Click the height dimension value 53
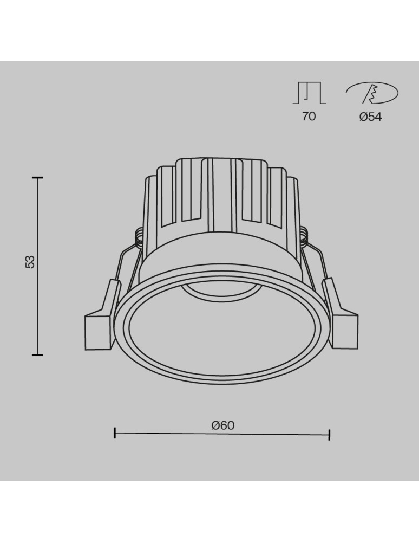coord(30,261)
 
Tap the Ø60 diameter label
coord(222,425)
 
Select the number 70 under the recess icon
coord(309,116)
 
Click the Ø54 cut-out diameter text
coord(370,116)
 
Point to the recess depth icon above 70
coord(309,93)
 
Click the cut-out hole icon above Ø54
coord(372,94)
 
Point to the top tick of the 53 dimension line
coord(37,177)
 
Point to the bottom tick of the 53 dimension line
coord(37,354)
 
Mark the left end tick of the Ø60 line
coord(115,433)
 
